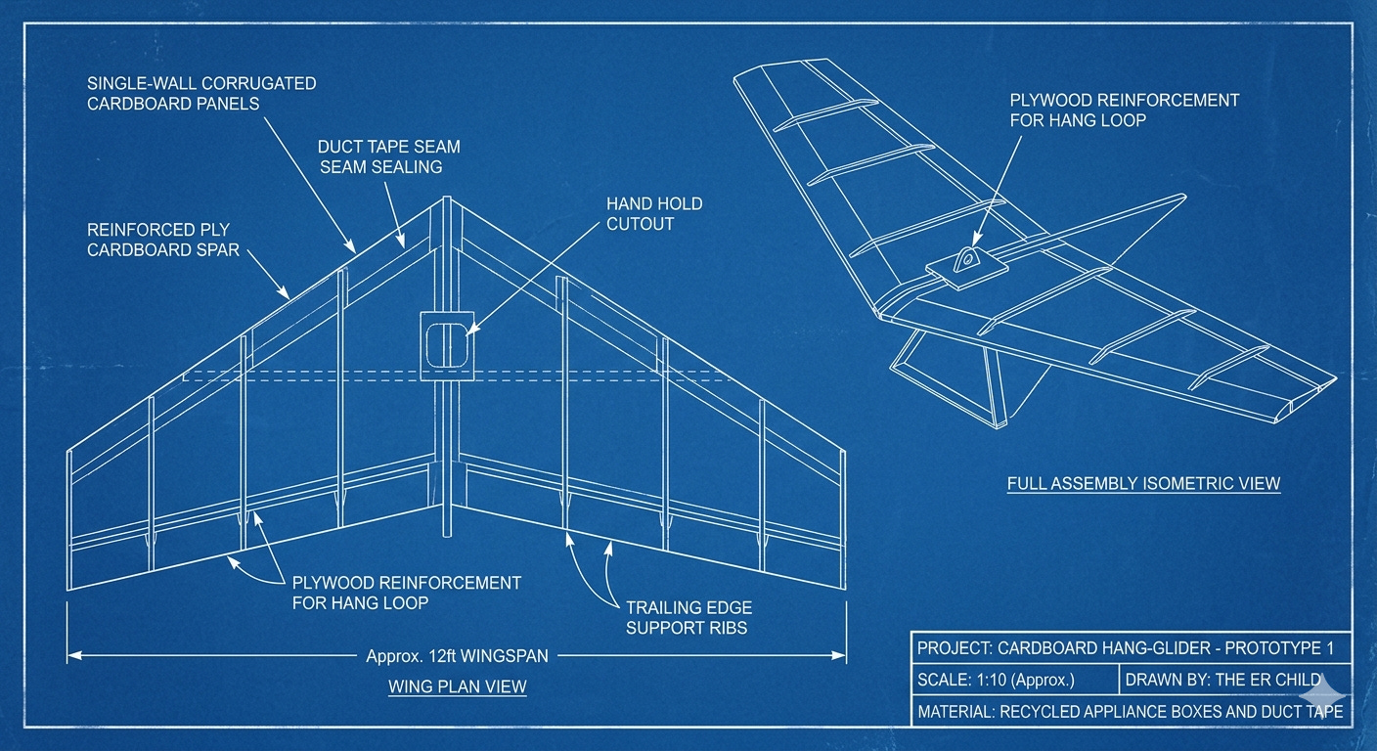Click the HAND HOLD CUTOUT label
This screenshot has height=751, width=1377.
click(x=654, y=214)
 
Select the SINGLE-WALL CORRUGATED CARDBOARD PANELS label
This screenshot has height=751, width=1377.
click(x=201, y=94)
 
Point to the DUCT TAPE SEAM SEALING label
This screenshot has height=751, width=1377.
click(x=388, y=156)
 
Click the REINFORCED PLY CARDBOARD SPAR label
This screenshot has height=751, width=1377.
click(x=163, y=240)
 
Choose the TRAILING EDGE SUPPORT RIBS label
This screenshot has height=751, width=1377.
click(x=689, y=618)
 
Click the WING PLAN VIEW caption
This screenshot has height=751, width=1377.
click(x=457, y=686)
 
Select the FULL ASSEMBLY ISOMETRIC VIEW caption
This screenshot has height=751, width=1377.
click(x=1143, y=483)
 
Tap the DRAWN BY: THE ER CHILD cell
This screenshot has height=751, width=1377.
click(x=1222, y=680)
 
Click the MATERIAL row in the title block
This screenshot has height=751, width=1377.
click(x=1130, y=711)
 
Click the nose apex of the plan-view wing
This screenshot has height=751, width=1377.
click(x=445, y=199)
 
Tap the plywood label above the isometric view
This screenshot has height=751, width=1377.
click(x=1124, y=110)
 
